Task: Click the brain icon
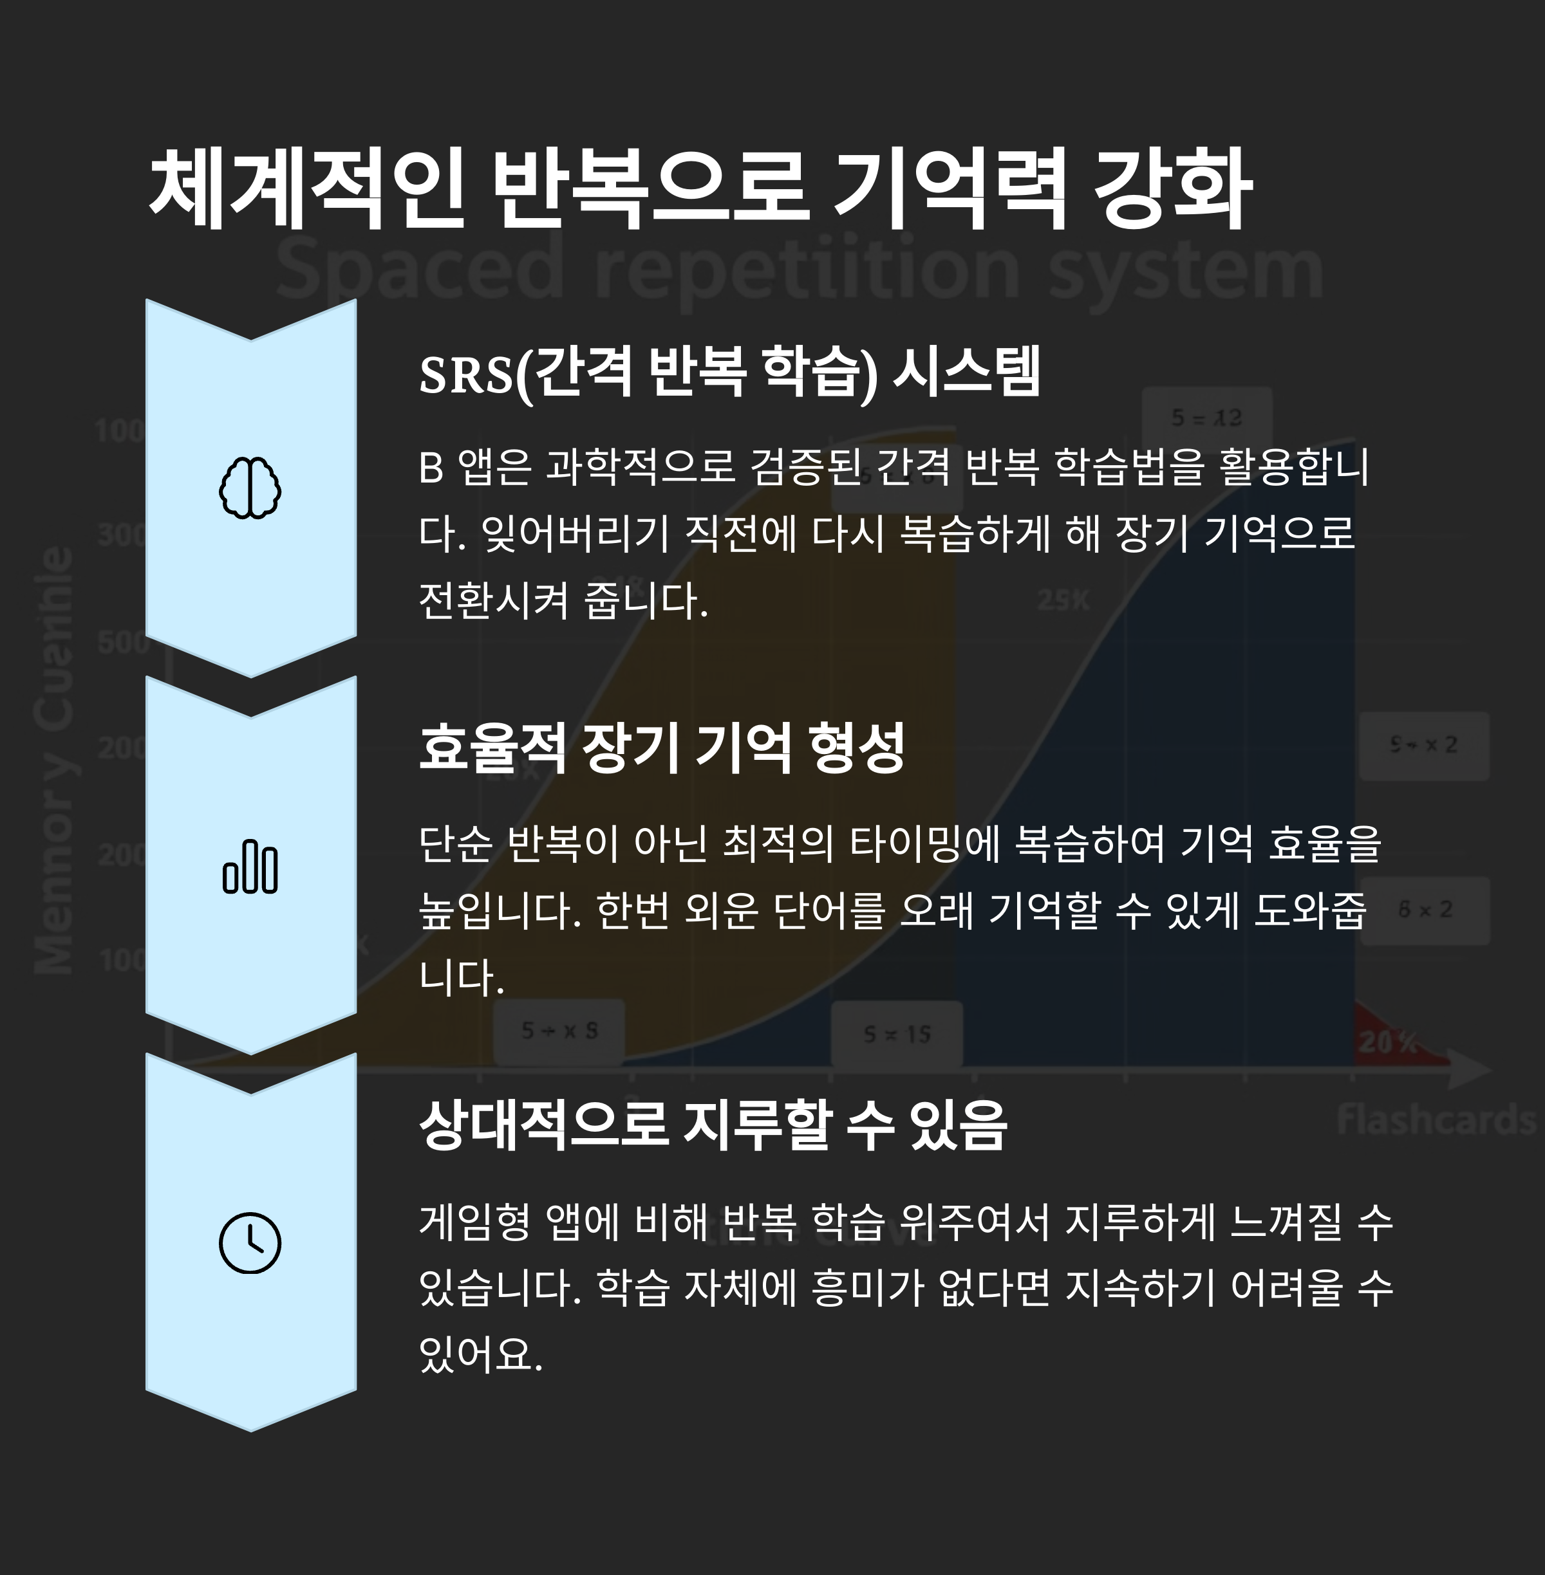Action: [x=250, y=488]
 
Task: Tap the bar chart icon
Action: [x=250, y=867]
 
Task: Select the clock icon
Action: [x=250, y=1243]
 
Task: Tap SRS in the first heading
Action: [x=466, y=374]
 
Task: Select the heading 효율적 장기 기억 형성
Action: [x=661, y=748]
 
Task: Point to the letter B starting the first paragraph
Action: [x=431, y=468]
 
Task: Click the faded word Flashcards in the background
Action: [x=1436, y=1120]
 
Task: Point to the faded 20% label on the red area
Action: [x=1387, y=1042]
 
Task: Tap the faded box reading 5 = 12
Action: [x=1206, y=418]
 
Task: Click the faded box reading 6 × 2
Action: [x=1425, y=910]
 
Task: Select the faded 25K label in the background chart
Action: [x=1063, y=600]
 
